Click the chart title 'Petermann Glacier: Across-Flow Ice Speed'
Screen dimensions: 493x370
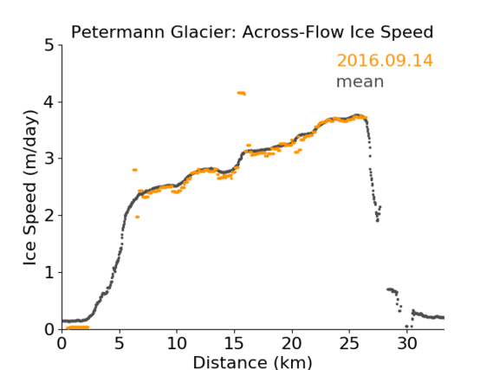(x=252, y=32)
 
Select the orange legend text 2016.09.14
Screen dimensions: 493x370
(x=385, y=61)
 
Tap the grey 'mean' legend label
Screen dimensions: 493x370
(x=360, y=81)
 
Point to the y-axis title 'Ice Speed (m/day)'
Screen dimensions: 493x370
(x=30, y=188)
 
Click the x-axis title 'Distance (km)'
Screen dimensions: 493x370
(x=252, y=362)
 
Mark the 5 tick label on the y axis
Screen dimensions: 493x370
(x=49, y=46)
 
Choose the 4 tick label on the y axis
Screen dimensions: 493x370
(x=49, y=102)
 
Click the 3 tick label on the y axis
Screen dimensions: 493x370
(x=49, y=159)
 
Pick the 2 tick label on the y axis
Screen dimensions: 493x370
(x=49, y=216)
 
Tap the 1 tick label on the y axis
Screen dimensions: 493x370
(x=49, y=273)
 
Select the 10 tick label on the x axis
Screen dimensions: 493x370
(x=177, y=344)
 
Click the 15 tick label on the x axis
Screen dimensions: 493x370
(x=234, y=344)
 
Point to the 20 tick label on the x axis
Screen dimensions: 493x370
(x=292, y=344)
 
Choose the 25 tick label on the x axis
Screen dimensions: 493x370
(x=349, y=344)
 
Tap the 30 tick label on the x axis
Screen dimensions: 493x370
(x=407, y=344)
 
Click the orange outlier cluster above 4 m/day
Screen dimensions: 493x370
(x=242, y=93)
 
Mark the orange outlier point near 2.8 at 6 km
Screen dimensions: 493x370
(x=135, y=170)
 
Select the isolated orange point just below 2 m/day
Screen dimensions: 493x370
(x=137, y=217)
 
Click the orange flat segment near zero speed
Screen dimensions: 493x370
(x=78, y=328)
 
